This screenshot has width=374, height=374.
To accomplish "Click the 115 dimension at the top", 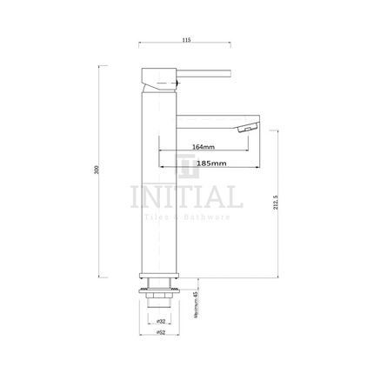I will click(186, 38).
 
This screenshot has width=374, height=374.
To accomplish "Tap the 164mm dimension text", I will click(204, 145).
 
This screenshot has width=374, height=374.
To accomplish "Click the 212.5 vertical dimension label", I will click(275, 204).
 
